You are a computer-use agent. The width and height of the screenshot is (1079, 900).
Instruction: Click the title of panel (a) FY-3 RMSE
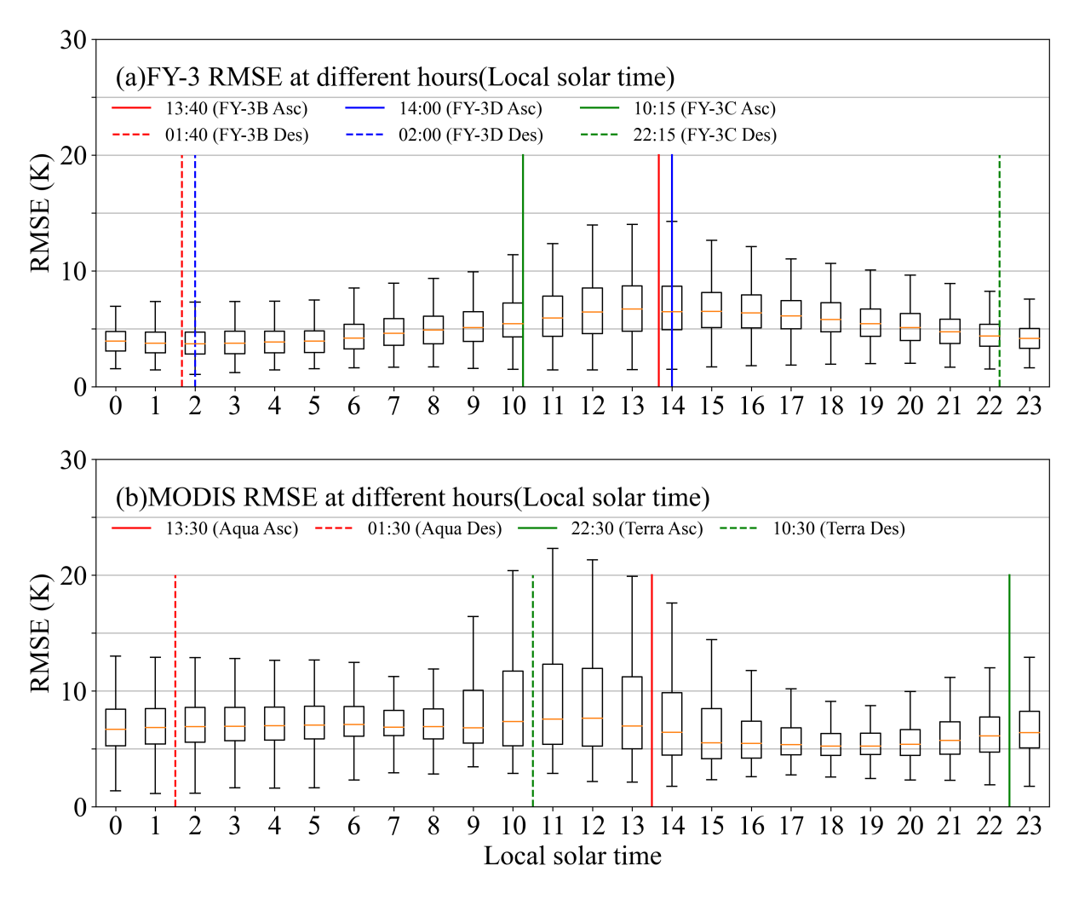(394, 78)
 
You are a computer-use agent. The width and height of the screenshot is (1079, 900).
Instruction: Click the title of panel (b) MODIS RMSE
(412, 498)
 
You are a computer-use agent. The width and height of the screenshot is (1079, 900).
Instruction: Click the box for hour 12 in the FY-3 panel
(592, 311)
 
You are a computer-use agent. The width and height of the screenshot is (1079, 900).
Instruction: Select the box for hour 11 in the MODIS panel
(553, 704)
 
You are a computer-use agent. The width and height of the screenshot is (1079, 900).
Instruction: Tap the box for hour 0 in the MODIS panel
(116, 727)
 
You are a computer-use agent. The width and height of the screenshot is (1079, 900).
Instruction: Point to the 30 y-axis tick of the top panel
(73, 40)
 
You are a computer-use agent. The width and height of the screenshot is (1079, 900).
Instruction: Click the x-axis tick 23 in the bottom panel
(1029, 826)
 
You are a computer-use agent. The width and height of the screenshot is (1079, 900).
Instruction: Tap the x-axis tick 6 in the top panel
(353, 406)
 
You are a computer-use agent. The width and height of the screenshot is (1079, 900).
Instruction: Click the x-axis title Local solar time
(572, 857)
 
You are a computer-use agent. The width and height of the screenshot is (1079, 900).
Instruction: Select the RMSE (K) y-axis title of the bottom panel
(40, 632)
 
